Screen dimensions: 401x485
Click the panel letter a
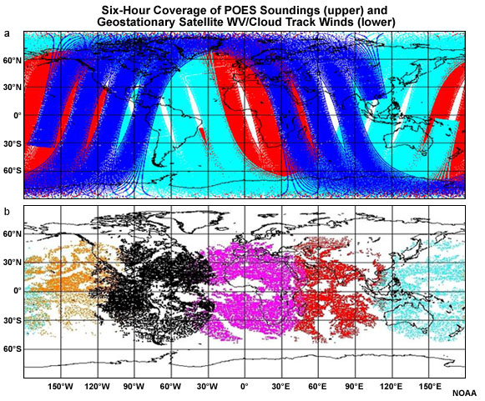[8, 34]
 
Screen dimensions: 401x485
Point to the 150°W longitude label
[61, 386]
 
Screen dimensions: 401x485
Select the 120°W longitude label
[98, 386]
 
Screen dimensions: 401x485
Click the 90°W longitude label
[134, 386]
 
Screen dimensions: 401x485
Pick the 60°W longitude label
[171, 386]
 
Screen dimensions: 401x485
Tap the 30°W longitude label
[208, 386]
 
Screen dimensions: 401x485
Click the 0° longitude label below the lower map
[245, 386]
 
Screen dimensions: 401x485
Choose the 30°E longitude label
[281, 386]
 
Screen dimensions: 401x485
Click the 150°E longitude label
[428, 386]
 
